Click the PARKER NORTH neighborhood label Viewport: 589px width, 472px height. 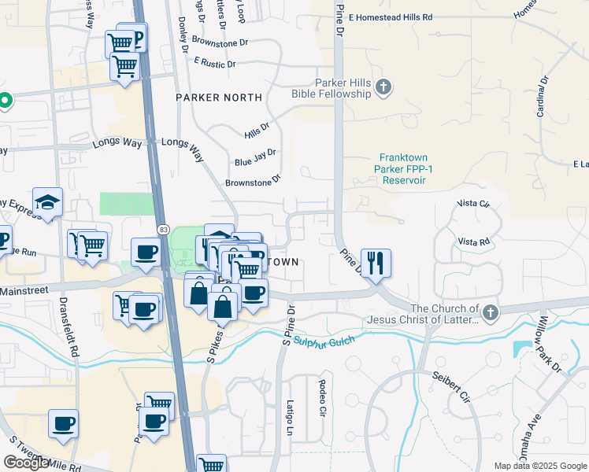(x=219, y=98)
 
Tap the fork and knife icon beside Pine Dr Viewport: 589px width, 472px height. (x=375, y=262)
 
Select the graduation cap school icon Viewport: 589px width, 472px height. (x=47, y=202)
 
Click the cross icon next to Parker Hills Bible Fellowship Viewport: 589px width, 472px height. (x=383, y=87)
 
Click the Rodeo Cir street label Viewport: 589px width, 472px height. (x=322, y=397)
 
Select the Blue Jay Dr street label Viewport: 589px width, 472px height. (x=255, y=157)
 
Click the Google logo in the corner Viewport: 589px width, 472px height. (x=26, y=463)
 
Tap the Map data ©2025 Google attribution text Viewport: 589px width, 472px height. (x=539, y=466)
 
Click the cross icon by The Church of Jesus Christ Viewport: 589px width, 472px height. (x=491, y=313)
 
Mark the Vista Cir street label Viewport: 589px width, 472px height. (x=473, y=204)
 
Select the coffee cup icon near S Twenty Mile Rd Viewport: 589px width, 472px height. (x=63, y=424)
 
